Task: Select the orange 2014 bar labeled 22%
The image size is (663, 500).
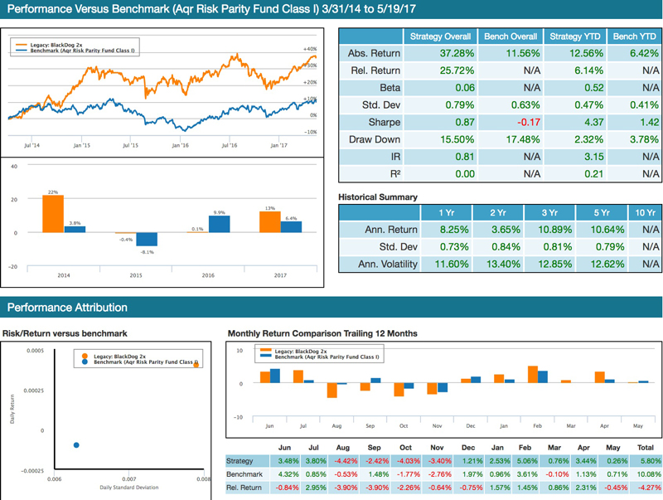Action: coord(52,214)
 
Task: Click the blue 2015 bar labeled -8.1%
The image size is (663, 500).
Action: coord(147,240)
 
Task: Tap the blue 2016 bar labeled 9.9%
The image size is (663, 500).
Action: coord(219,224)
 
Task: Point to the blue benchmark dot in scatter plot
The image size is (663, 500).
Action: coord(76,445)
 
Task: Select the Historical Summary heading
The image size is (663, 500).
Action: coord(378,197)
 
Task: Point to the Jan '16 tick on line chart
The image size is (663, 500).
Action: coord(179,143)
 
